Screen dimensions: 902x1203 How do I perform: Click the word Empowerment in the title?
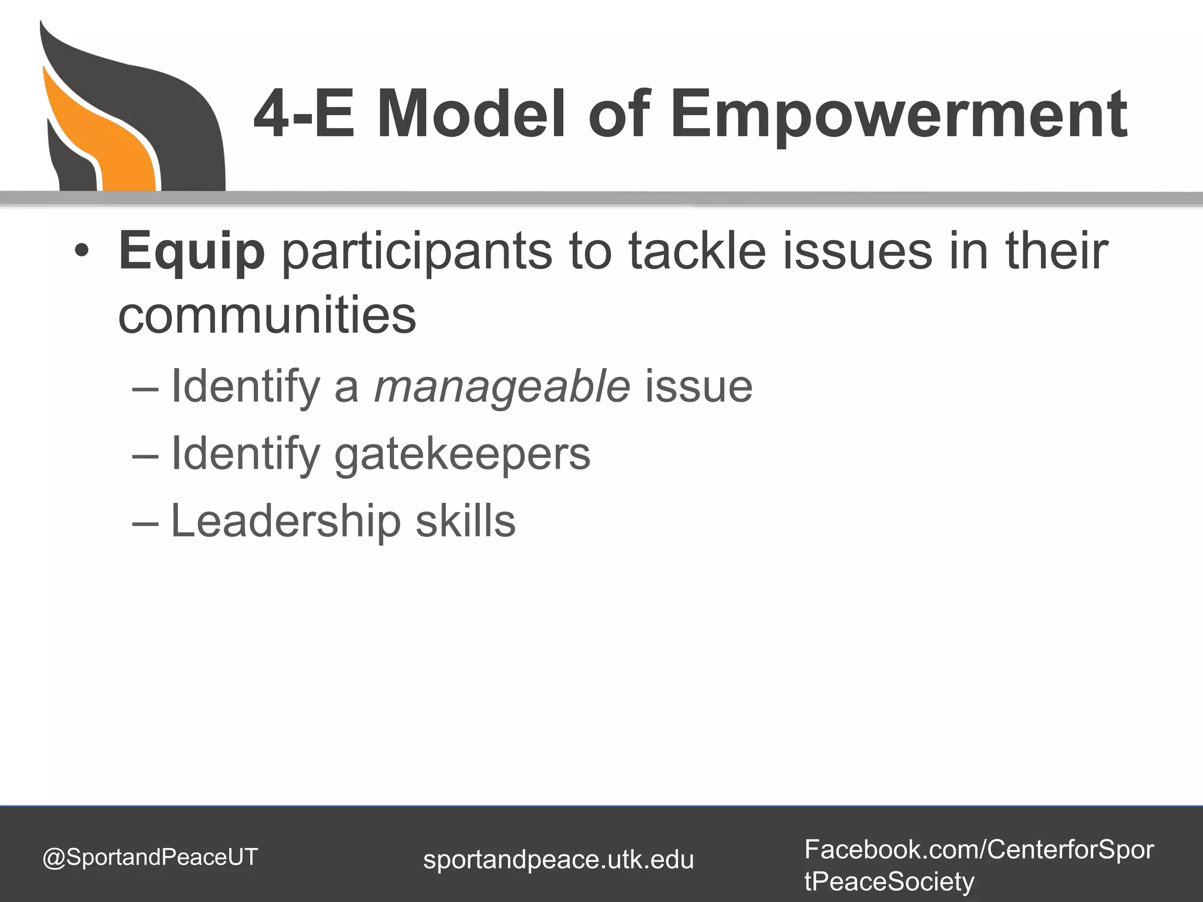click(899, 115)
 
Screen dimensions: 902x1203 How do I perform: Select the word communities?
click(267, 315)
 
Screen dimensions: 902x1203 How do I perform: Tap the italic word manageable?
click(502, 387)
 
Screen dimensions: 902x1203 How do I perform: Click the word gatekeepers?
click(462, 455)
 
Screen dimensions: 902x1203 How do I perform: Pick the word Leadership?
click(285, 521)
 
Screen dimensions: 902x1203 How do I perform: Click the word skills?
click(466, 521)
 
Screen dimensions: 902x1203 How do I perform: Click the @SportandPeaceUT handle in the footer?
click(150, 857)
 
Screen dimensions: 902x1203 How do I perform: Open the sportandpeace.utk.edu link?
click(558, 860)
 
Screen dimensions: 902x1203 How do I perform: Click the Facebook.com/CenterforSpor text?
click(979, 849)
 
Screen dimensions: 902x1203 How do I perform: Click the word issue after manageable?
click(699, 387)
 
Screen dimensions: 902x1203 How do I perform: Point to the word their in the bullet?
click(1057, 251)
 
